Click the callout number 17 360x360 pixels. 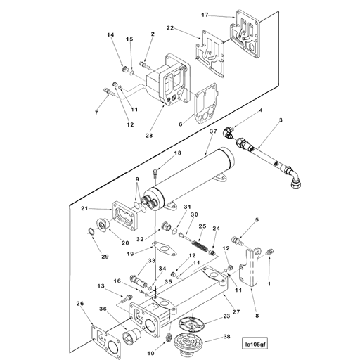(205, 15)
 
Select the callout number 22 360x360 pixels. (170, 27)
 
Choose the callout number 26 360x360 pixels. (79, 304)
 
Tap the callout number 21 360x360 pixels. (84, 209)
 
